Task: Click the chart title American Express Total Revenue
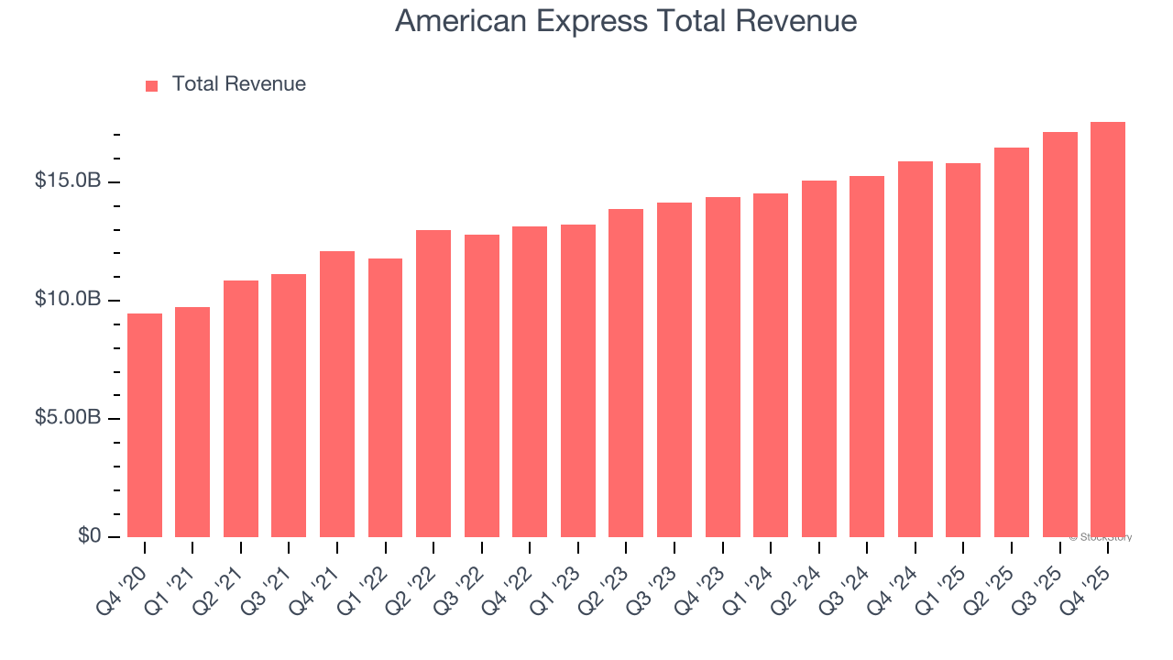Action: [626, 21]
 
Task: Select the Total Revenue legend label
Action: [238, 84]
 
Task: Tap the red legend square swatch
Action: [152, 85]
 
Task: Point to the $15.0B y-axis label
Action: [68, 181]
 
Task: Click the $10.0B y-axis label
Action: [68, 300]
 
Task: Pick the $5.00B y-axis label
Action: [68, 418]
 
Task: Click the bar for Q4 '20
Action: [145, 425]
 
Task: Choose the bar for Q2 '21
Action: [241, 409]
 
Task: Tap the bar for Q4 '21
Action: [337, 394]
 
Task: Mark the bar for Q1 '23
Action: [578, 380]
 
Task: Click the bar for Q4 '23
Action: [723, 367]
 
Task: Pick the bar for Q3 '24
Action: [867, 357]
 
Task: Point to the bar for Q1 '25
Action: [963, 350]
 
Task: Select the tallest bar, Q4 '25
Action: [1108, 330]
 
